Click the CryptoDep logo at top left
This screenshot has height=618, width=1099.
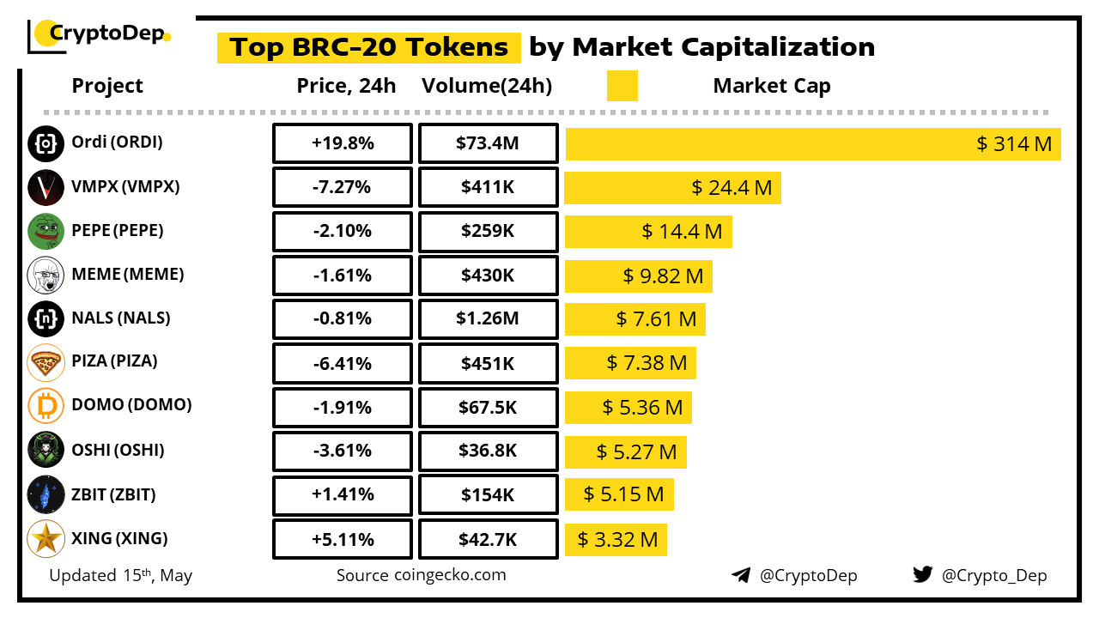click(100, 34)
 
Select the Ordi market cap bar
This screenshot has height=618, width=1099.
click(813, 144)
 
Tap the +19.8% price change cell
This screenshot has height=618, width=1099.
click(343, 143)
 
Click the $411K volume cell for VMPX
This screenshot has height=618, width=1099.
click(488, 187)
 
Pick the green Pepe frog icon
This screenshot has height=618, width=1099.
click(46, 231)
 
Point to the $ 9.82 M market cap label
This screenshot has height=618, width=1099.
click(663, 276)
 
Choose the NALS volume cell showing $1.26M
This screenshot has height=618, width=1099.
click(488, 319)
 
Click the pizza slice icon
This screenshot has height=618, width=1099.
click(46, 362)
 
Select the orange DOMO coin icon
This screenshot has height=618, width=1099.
click(46, 406)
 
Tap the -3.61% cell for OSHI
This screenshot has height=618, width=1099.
click(343, 451)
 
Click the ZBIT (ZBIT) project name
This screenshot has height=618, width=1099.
click(113, 494)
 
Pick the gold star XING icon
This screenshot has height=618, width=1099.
click(46, 539)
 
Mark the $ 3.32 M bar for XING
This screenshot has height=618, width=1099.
click(616, 540)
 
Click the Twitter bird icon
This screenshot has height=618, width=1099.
click(922, 574)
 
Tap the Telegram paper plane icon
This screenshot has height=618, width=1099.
click(740, 575)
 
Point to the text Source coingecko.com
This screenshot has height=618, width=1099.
click(421, 575)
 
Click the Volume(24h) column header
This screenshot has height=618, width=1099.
click(487, 86)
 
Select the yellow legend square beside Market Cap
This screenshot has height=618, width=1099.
click(622, 86)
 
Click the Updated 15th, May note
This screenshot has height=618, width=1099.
click(120, 575)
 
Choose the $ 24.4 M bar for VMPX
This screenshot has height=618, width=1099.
click(673, 187)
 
